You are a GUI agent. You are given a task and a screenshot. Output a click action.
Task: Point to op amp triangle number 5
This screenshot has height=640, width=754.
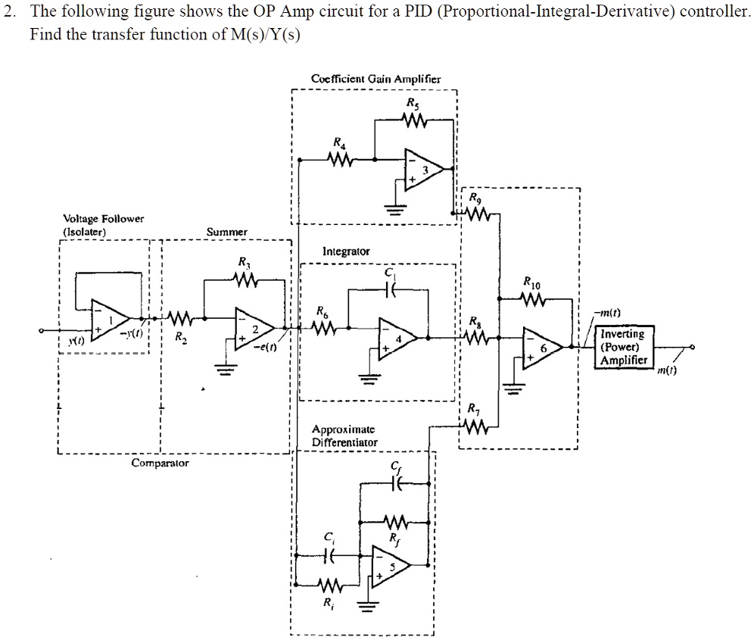[x=390, y=565]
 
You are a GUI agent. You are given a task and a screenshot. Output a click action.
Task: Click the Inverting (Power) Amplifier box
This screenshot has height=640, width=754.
[x=622, y=347]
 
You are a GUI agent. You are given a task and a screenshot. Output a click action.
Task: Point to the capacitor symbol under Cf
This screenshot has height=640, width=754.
[x=399, y=487]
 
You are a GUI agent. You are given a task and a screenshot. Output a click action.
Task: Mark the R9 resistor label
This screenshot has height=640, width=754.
[x=474, y=198]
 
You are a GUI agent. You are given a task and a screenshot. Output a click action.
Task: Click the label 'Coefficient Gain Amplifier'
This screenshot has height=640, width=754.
[x=375, y=79]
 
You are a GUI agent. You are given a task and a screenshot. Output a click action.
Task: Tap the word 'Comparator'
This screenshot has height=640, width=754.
[x=160, y=462]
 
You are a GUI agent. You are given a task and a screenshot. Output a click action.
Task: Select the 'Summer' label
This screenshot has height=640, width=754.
[x=226, y=232]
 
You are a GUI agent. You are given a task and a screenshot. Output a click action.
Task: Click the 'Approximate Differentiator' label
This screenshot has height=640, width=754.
[x=344, y=435]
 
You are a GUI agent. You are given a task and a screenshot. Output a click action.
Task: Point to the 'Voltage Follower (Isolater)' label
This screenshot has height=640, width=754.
[x=93, y=225]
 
